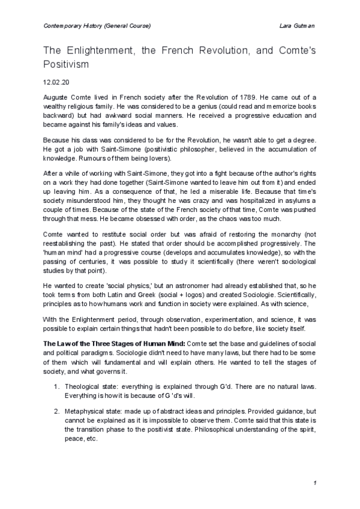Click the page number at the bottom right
[314, 483]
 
